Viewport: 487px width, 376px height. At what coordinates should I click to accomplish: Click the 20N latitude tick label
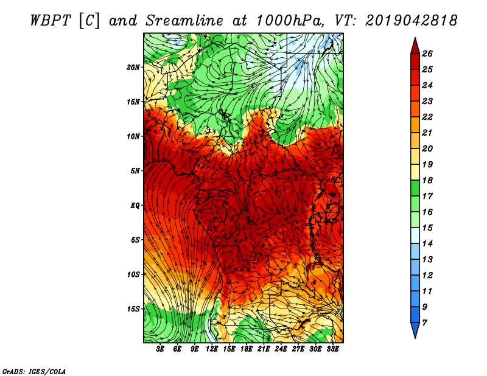133,68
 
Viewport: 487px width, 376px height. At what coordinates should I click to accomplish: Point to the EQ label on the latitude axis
135,206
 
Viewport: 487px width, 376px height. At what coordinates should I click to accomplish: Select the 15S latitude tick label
133,309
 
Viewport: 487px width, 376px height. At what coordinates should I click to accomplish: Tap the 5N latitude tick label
135,171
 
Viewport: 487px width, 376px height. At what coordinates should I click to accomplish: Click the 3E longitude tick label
160,349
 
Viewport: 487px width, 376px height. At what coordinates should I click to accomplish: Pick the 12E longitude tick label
212,349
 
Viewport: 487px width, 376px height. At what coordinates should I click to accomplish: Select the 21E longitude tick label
264,349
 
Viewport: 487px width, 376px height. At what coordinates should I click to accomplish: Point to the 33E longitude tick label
332,349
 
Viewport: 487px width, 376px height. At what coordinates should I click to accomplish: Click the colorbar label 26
427,54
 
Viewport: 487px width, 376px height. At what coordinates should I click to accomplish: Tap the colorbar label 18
427,180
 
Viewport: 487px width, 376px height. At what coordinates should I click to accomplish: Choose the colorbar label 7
424,322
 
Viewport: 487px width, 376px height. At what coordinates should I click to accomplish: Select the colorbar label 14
427,243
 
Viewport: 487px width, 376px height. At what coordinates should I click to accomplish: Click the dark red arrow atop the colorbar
415,46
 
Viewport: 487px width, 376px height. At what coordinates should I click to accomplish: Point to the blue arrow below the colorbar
415,330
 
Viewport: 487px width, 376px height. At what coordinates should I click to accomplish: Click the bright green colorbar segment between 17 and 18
415,188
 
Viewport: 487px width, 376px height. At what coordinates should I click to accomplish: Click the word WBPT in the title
51,21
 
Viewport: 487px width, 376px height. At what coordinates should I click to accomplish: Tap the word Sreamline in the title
184,21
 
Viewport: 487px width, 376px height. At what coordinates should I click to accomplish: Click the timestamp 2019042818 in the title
412,21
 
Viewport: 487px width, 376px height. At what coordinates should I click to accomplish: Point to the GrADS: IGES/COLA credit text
34,371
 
